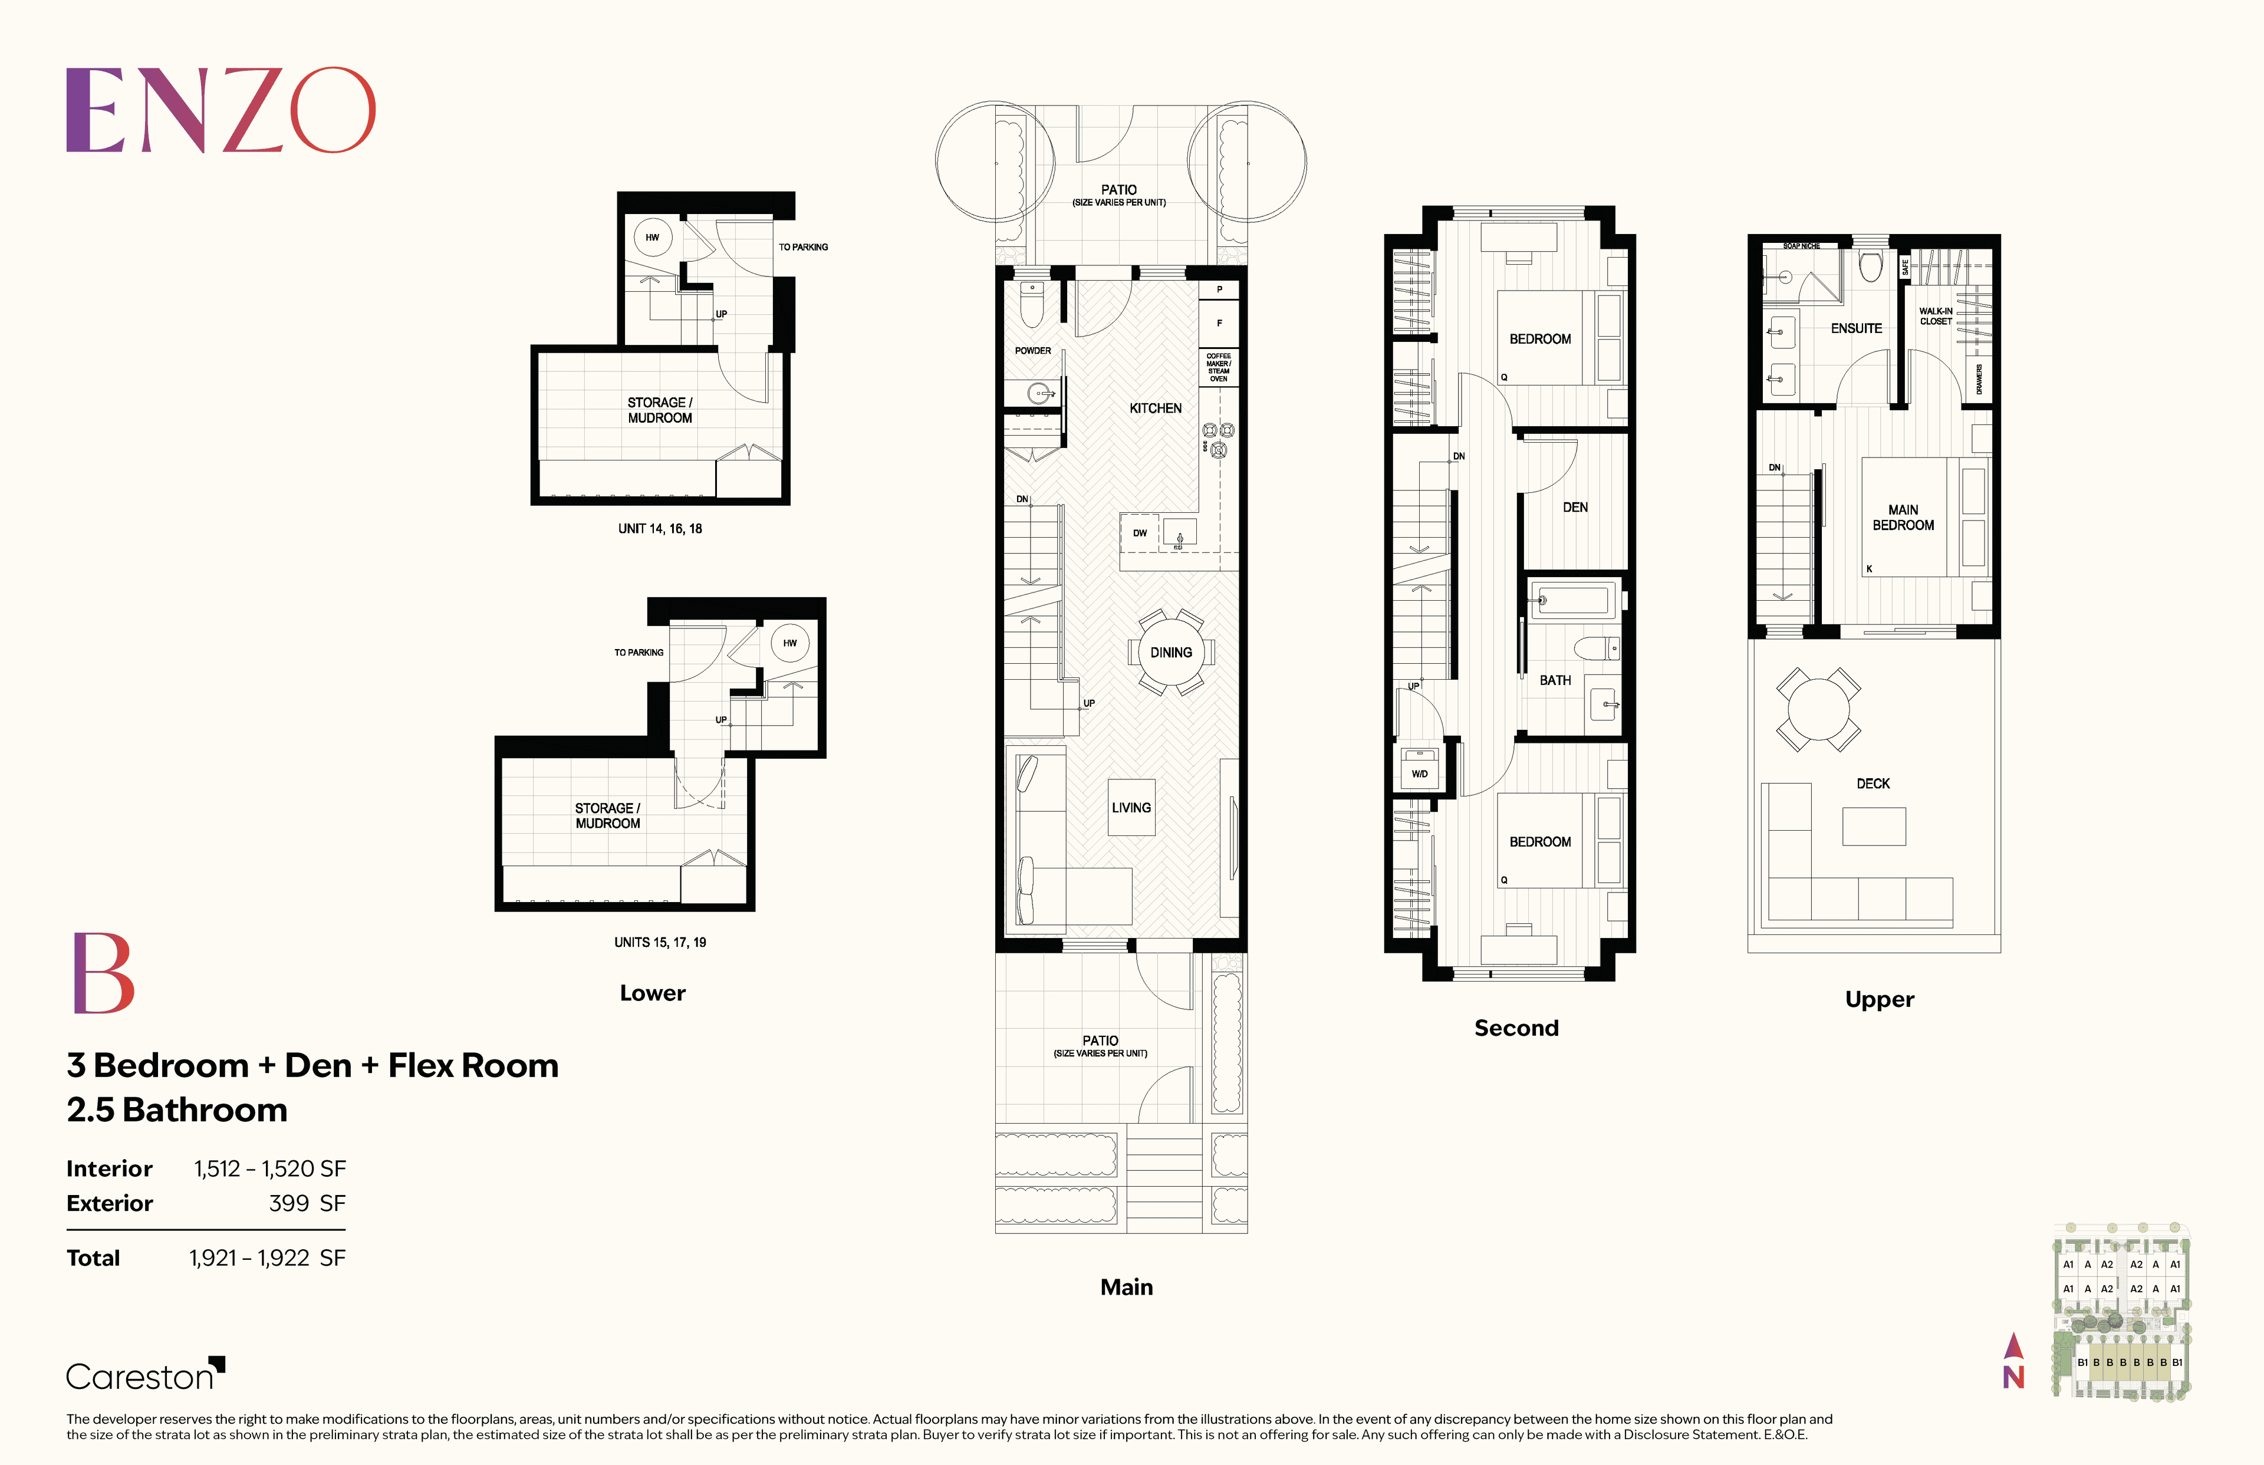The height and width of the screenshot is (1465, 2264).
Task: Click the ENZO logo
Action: (221, 110)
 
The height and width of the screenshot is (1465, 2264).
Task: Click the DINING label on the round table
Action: (1170, 653)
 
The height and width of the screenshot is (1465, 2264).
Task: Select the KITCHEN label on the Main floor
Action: (1155, 408)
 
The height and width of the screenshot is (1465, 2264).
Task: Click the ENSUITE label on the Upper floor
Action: (1856, 328)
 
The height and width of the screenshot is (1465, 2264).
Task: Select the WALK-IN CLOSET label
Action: (1935, 316)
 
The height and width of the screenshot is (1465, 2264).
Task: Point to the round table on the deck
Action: (1818, 709)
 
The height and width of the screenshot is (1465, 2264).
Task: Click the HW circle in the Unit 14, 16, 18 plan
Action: (653, 237)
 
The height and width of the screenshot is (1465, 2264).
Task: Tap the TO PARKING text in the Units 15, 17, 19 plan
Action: (639, 653)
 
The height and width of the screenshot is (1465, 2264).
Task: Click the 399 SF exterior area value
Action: (307, 1203)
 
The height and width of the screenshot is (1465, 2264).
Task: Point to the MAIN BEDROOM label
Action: (1903, 518)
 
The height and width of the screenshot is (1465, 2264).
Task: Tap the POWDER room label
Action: (1032, 351)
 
